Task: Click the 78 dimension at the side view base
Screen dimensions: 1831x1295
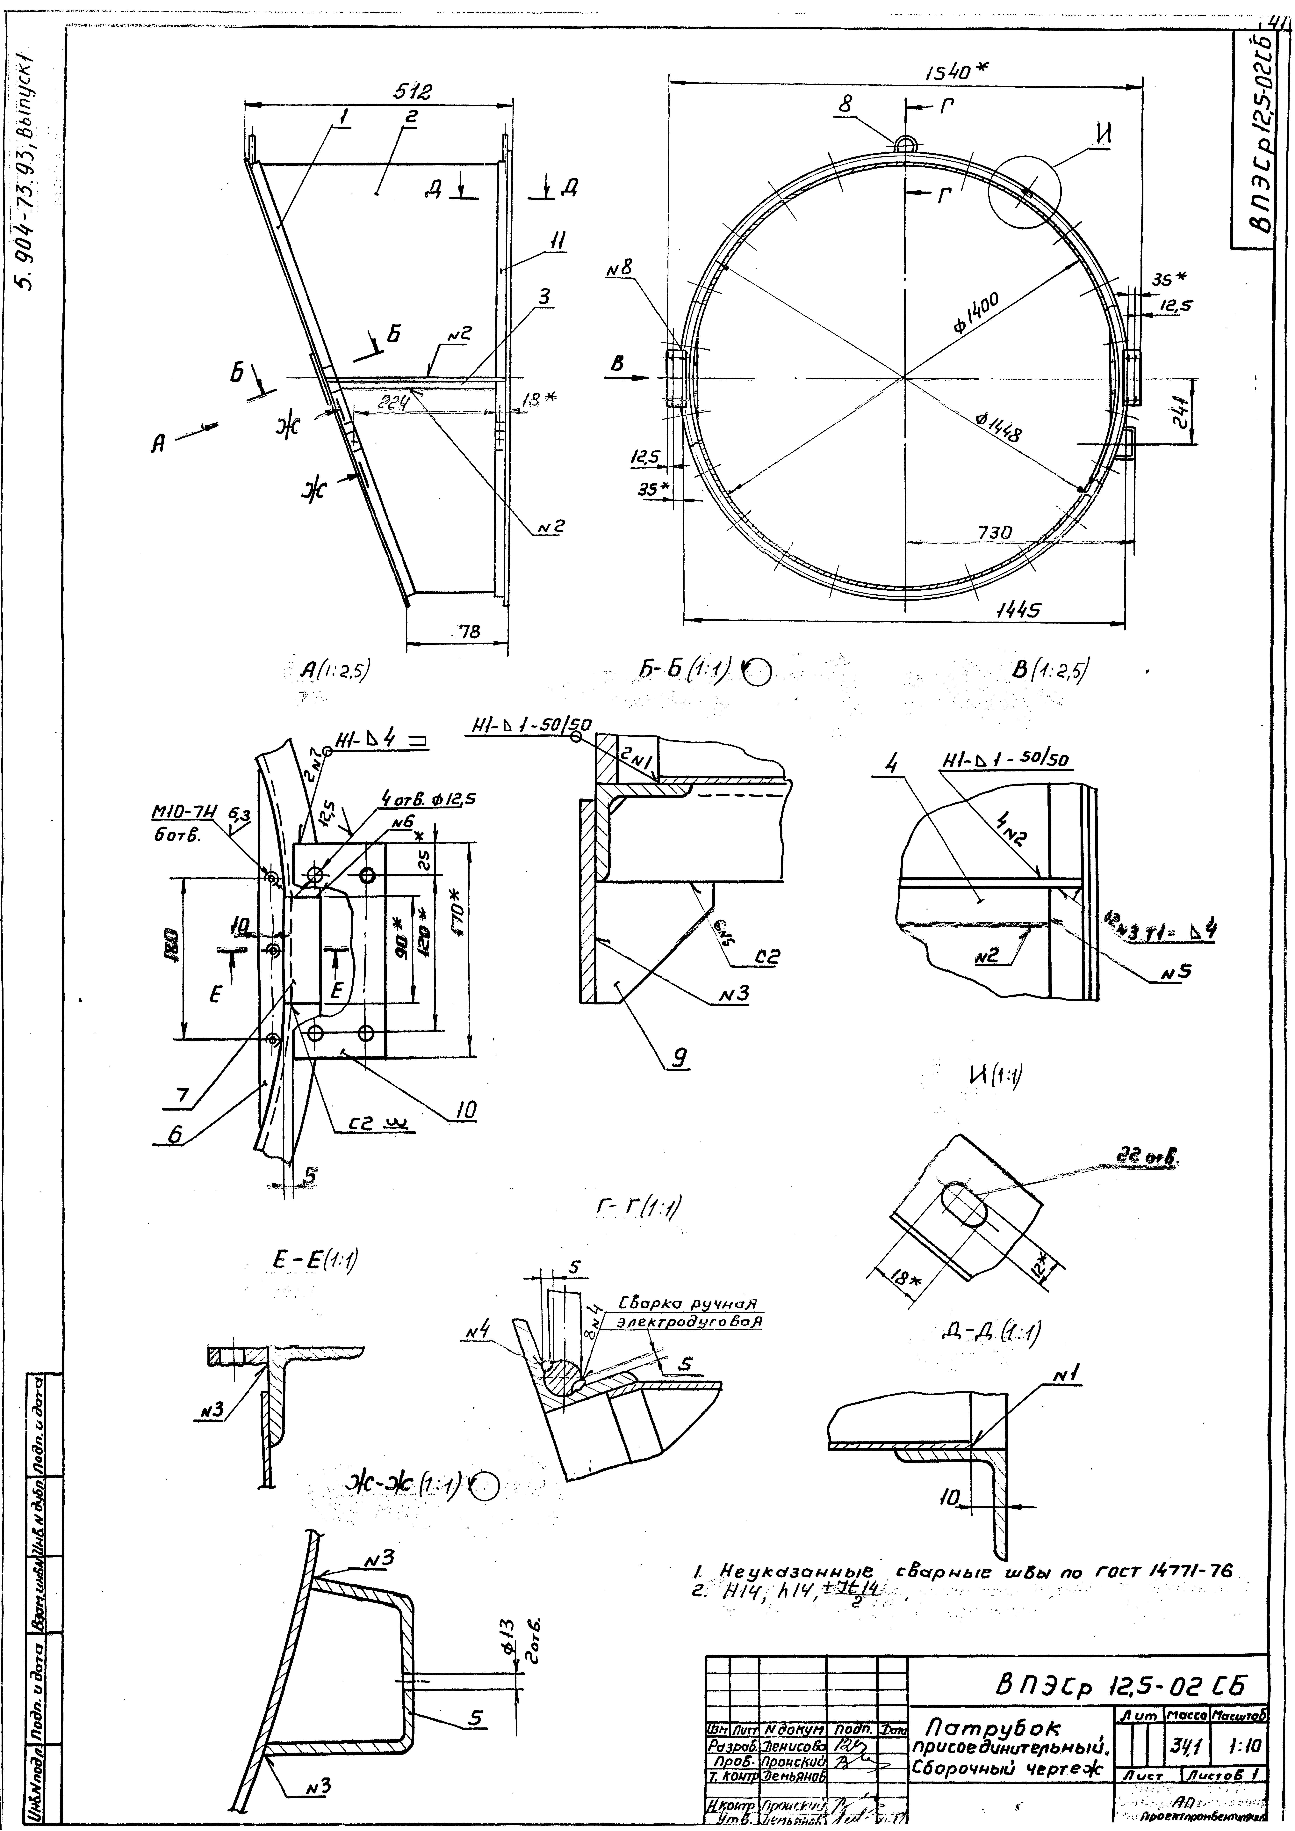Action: tap(469, 632)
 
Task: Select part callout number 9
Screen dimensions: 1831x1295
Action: tap(679, 1057)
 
